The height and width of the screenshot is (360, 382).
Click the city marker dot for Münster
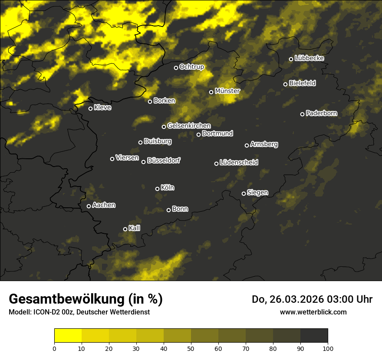211,92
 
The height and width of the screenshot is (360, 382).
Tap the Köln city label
168,188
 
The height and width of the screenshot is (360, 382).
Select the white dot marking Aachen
89,206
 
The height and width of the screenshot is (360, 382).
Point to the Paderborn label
321,113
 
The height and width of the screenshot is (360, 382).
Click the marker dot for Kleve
91,108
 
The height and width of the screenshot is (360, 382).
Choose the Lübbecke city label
309,58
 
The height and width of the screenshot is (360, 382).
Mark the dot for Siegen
244,193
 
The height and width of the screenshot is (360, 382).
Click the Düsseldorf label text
164,160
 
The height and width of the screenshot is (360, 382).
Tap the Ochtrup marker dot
176,68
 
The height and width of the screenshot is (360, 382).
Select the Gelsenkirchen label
189,126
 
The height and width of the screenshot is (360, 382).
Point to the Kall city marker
125,229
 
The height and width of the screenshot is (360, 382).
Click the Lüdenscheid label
239,163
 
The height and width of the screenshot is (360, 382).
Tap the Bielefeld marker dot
286,84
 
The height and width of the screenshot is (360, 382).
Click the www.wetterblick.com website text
313,312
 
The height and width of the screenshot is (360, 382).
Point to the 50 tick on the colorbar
191,348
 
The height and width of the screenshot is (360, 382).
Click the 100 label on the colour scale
328,348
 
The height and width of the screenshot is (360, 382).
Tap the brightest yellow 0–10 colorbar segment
68,336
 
